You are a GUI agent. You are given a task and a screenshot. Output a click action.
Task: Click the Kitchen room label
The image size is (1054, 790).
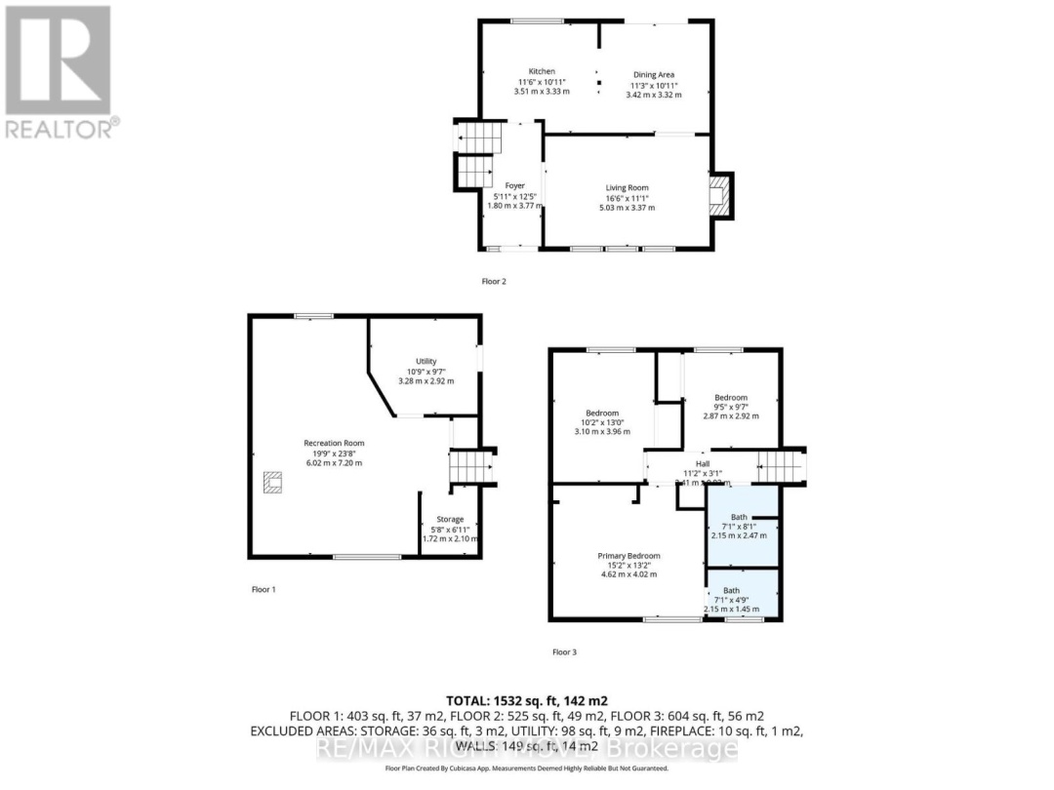click(x=542, y=72)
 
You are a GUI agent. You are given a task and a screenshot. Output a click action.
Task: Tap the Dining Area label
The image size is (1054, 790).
click(x=653, y=75)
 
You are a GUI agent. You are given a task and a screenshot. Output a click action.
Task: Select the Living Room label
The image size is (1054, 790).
click(x=626, y=188)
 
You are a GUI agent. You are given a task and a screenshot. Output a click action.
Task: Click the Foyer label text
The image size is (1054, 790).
click(x=514, y=185)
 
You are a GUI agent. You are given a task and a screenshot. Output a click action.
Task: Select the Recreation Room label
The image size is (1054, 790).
click(x=333, y=443)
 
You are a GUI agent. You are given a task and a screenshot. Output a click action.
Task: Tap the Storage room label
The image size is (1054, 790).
click(x=450, y=520)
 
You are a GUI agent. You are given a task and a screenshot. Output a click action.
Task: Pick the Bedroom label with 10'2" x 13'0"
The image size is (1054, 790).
click(x=602, y=413)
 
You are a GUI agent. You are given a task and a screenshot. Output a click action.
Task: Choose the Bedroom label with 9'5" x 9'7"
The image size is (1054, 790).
click(x=730, y=398)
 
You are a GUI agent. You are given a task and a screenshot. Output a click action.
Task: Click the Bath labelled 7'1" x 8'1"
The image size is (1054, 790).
click(x=739, y=517)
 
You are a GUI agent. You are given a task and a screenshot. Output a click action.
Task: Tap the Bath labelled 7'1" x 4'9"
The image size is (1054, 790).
click(x=731, y=590)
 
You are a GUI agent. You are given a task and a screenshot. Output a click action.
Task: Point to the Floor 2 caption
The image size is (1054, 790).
click(x=494, y=281)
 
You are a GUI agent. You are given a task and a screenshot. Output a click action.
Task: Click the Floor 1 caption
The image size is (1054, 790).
click(x=263, y=589)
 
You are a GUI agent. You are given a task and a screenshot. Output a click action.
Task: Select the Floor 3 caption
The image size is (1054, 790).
click(x=564, y=652)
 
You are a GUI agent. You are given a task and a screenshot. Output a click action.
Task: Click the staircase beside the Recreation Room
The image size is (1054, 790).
click(x=469, y=465)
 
